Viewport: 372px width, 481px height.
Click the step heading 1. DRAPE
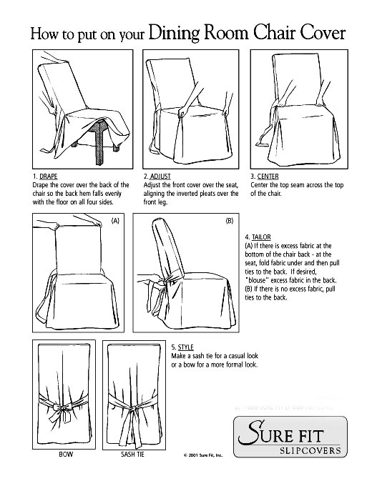point(46,175)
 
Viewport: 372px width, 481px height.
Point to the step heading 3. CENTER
point(265,175)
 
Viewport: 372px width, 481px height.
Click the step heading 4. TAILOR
point(258,237)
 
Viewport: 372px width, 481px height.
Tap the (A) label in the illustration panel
point(114,222)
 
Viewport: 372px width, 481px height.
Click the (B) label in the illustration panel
point(229,222)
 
